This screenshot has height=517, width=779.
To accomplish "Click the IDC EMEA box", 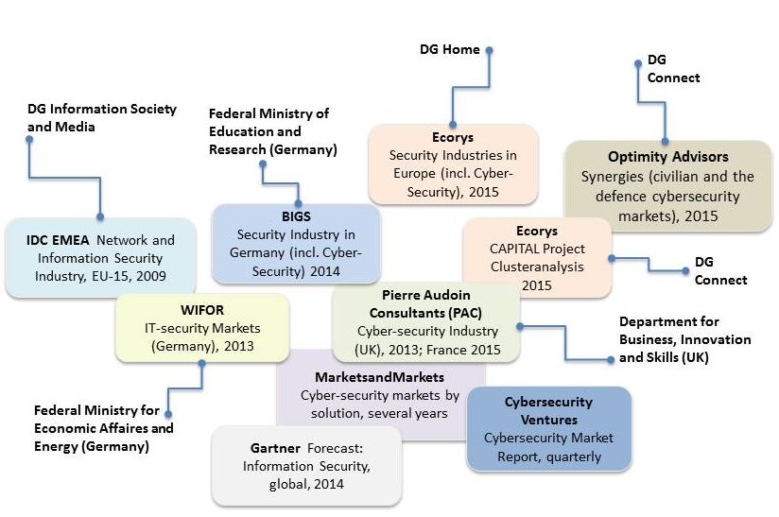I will point(100,257).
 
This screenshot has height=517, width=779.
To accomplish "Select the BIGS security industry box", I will point(295,243).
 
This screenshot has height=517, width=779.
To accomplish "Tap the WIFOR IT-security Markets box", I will point(201,327).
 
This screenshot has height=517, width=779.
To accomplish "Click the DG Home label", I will point(450,49).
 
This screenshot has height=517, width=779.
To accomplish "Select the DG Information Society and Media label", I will point(101,117).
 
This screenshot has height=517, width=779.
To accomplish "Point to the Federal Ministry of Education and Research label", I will point(269,131).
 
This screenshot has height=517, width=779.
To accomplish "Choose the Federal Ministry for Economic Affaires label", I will point(102,428).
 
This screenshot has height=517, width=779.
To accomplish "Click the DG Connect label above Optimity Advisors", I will point(673,68).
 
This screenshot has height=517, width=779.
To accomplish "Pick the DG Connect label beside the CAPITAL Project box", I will point(719,270).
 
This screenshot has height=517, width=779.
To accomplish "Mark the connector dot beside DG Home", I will point(491,51).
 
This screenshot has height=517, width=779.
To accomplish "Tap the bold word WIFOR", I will point(201,309).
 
